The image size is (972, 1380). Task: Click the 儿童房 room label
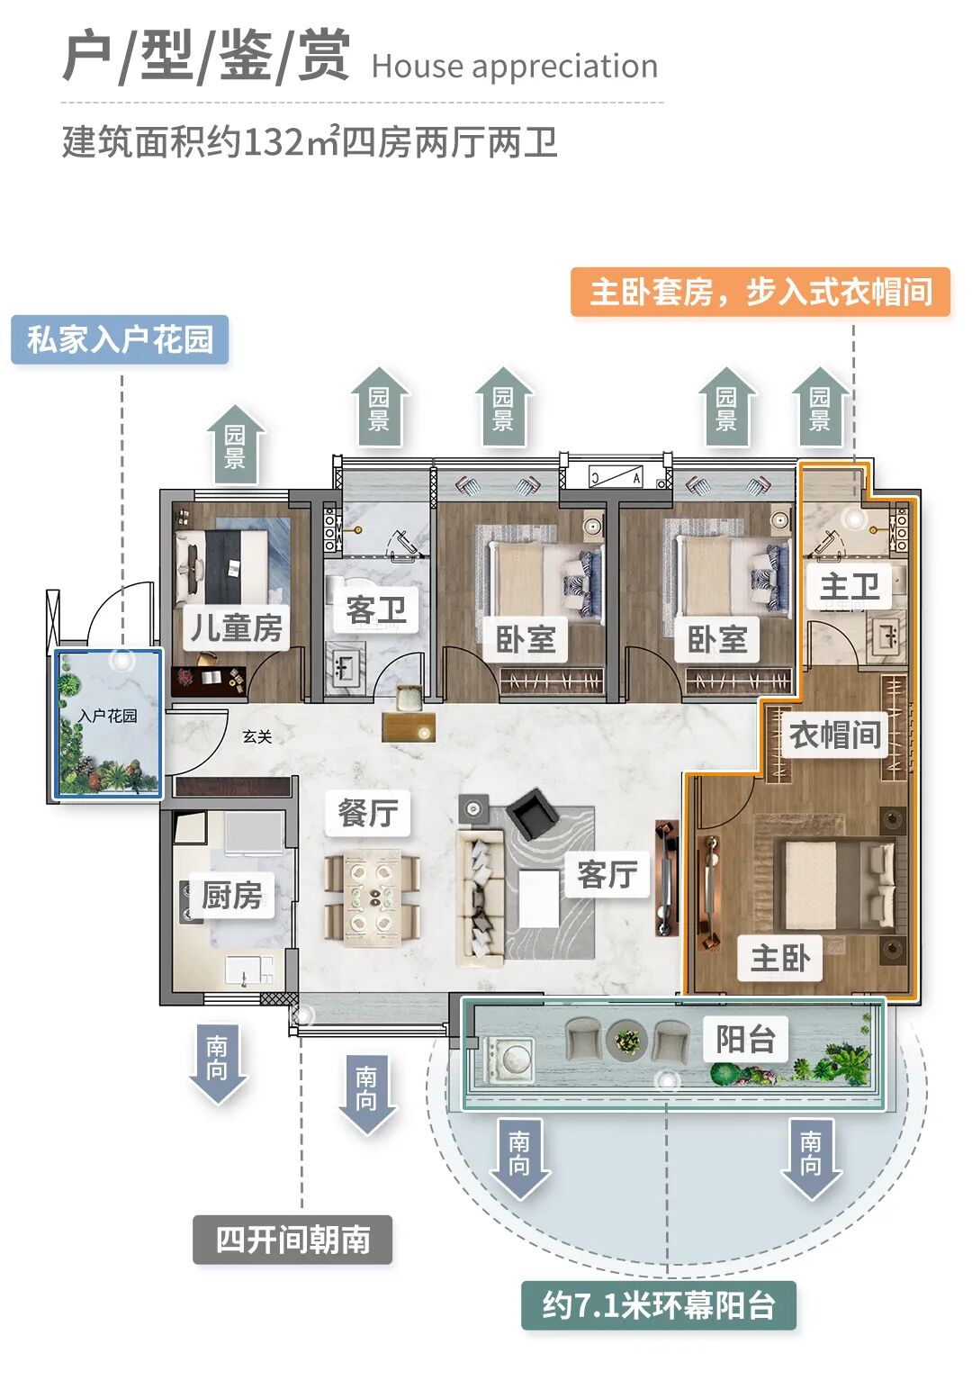236,627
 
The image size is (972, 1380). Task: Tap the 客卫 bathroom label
376,610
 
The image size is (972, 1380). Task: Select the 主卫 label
849,587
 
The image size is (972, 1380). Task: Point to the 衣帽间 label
834,735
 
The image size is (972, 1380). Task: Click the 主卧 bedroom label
780,958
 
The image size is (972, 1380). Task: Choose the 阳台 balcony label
745,1039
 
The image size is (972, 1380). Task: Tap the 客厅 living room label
607,873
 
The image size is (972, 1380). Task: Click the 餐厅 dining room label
367,812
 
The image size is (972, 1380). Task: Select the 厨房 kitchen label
232,896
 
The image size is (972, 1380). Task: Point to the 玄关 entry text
256,736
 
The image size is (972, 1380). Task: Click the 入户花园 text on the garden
108,716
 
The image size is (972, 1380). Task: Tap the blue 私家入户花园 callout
120,339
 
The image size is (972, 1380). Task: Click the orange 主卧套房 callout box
760,292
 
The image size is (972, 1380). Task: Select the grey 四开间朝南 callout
292,1240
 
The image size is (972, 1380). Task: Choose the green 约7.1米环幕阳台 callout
659,1304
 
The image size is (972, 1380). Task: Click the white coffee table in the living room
539,897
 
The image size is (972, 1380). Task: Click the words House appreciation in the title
514,67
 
